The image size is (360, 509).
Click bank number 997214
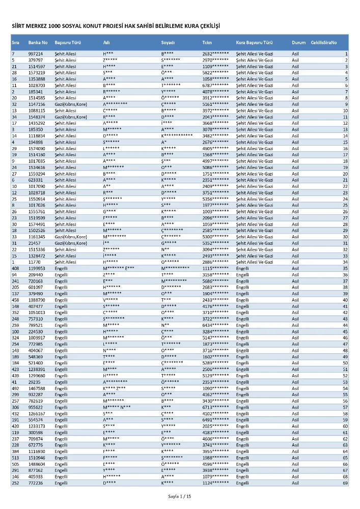click(x=35, y=54)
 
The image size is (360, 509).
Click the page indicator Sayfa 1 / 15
click(x=180, y=496)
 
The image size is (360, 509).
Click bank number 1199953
click(x=37, y=268)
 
